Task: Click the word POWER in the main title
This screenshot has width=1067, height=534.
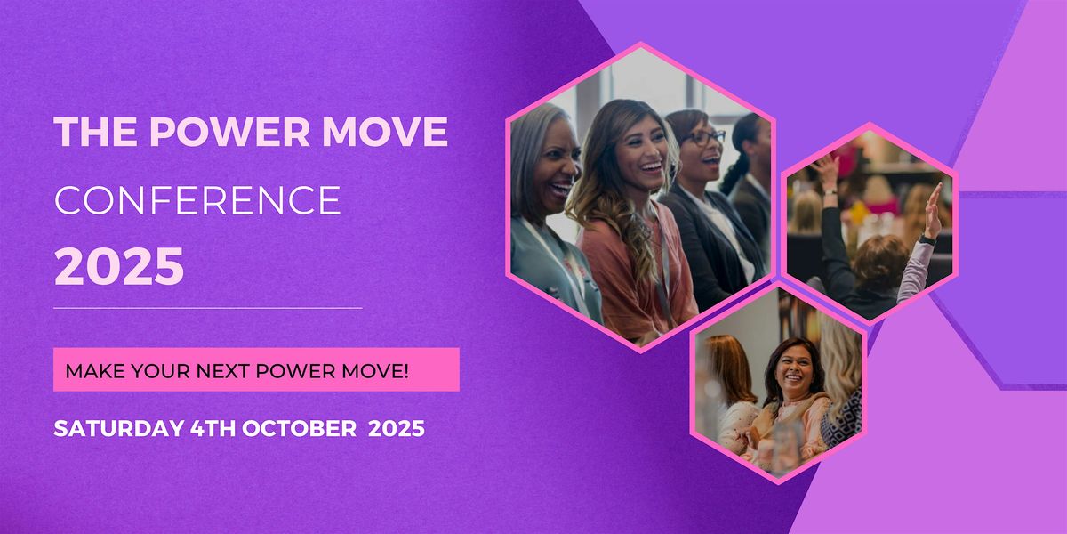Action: coord(230,131)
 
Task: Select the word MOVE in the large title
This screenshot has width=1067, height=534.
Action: coord(385,131)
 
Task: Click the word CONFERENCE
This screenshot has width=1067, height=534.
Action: coord(197,200)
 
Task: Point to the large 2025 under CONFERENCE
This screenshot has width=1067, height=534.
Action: coord(119,266)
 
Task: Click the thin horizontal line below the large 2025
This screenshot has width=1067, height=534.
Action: coord(208,308)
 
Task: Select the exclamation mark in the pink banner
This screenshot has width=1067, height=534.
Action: coord(405,371)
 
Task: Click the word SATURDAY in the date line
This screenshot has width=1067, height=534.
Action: coord(118,428)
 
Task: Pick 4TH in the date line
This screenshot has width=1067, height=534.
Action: coord(213,428)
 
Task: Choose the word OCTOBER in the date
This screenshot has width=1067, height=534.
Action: coord(299,428)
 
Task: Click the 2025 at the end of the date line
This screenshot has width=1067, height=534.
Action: coord(397,428)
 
